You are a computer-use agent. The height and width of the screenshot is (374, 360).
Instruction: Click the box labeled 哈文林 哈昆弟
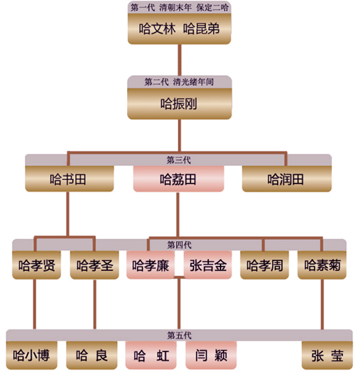(x=179, y=29)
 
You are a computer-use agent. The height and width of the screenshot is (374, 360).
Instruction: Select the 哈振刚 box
(x=179, y=104)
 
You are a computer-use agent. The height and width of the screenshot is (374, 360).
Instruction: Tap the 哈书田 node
(x=69, y=179)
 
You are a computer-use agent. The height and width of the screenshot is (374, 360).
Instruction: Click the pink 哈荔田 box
(x=178, y=179)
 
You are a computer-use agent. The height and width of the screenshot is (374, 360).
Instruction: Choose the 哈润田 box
(x=287, y=179)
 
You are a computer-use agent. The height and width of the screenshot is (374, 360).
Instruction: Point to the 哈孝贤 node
(x=36, y=265)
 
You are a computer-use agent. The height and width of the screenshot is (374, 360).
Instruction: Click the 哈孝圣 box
(x=95, y=265)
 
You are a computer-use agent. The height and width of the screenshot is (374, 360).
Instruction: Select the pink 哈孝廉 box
(x=150, y=265)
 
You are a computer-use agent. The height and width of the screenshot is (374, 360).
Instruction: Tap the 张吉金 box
(x=208, y=265)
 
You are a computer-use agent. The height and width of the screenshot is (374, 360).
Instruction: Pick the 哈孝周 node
(x=264, y=265)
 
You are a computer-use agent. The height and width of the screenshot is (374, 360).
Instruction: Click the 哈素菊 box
(x=322, y=265)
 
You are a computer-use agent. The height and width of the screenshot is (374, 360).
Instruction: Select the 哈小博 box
(x=32, y=355)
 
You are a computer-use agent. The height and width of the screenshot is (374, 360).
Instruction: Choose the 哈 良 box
(x=92, y=355)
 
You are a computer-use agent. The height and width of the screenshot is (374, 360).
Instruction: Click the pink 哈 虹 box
(x=151, y=355)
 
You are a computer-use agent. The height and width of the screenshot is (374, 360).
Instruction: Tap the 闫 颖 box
(x=211, y=355)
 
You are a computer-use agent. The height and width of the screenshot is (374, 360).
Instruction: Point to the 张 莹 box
(x=327, y=355)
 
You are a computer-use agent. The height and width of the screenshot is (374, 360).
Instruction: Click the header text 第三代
(x=178, y=160)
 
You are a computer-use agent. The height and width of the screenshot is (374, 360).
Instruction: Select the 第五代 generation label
(x=179, y=335)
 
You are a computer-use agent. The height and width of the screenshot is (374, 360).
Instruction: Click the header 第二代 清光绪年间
(x=179, y=82)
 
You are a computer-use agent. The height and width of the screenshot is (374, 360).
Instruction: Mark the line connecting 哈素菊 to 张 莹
(x=322, y=304)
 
